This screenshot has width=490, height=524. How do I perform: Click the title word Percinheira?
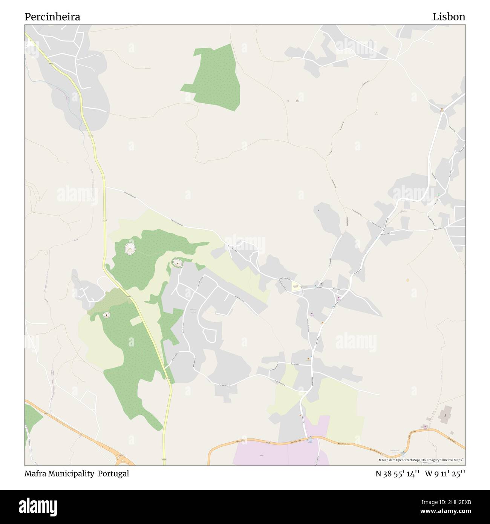click(x=52, y=17)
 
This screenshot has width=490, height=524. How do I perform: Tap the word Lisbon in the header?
click(x=449, y=17)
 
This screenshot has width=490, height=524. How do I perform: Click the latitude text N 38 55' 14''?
click(x=397, y=473)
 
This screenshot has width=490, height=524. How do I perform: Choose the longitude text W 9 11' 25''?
click(x=445, y=473)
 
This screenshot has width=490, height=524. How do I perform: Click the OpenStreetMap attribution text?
click(x=422, y=460)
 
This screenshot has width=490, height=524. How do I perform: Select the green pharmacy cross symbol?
click(x=438, y=195)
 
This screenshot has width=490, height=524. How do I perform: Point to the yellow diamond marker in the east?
click(x=408, y=280)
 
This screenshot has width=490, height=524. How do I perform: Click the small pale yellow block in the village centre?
click(x=296, y=287)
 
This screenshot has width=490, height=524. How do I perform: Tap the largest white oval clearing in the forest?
click(x=130, y=248)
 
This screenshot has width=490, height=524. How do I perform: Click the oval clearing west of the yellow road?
click(x=107, y=315)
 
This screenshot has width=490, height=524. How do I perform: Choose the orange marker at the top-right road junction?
click(x=443, y=110)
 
